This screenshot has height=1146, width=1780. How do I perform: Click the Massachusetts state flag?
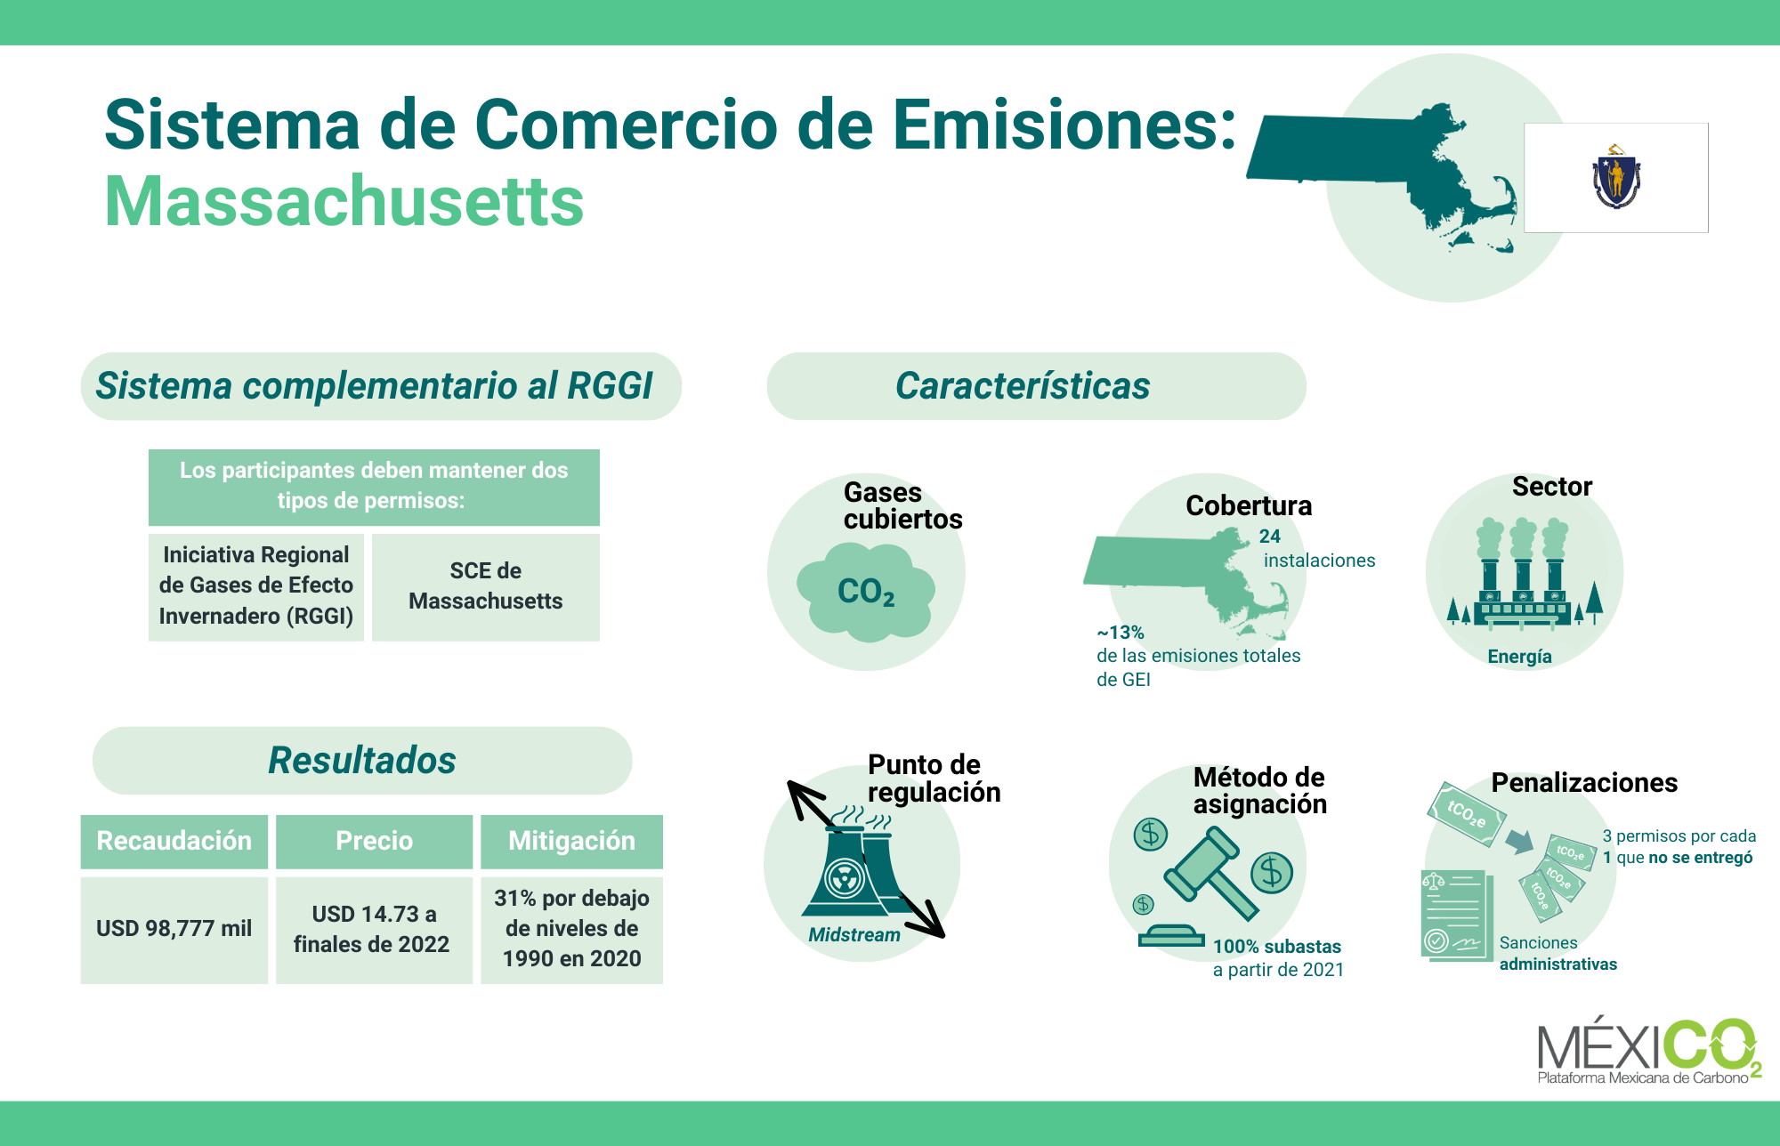pos(1616,178)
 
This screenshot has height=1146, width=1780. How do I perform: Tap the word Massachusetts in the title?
pos(344,201)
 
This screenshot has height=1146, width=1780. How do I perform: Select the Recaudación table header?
pos(174,841)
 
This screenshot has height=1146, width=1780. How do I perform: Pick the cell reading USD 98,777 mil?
pos(174,929)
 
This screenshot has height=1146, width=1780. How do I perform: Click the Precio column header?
pos(374,841)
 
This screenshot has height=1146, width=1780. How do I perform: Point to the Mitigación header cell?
pos(571,841)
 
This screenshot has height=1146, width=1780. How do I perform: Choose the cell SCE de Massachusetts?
pos(486,586)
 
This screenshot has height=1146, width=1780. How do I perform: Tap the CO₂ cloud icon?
pos(865,592)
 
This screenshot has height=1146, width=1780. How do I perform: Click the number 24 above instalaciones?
pos(1270,537)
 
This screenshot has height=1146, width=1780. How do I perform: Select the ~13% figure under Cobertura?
pos(1121,633)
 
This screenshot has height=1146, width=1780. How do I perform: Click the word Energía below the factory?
pos(1519,657)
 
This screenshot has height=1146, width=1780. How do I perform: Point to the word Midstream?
pos(854,935)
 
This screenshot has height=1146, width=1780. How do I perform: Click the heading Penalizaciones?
pos(1584,783)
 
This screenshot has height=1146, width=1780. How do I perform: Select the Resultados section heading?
pos(362,761)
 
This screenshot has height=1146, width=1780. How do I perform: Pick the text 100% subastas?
pos(1277,947)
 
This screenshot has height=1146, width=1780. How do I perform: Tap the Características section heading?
pos(1023,386)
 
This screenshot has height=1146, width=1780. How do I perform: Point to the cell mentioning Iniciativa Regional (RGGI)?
pos(256,586)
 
